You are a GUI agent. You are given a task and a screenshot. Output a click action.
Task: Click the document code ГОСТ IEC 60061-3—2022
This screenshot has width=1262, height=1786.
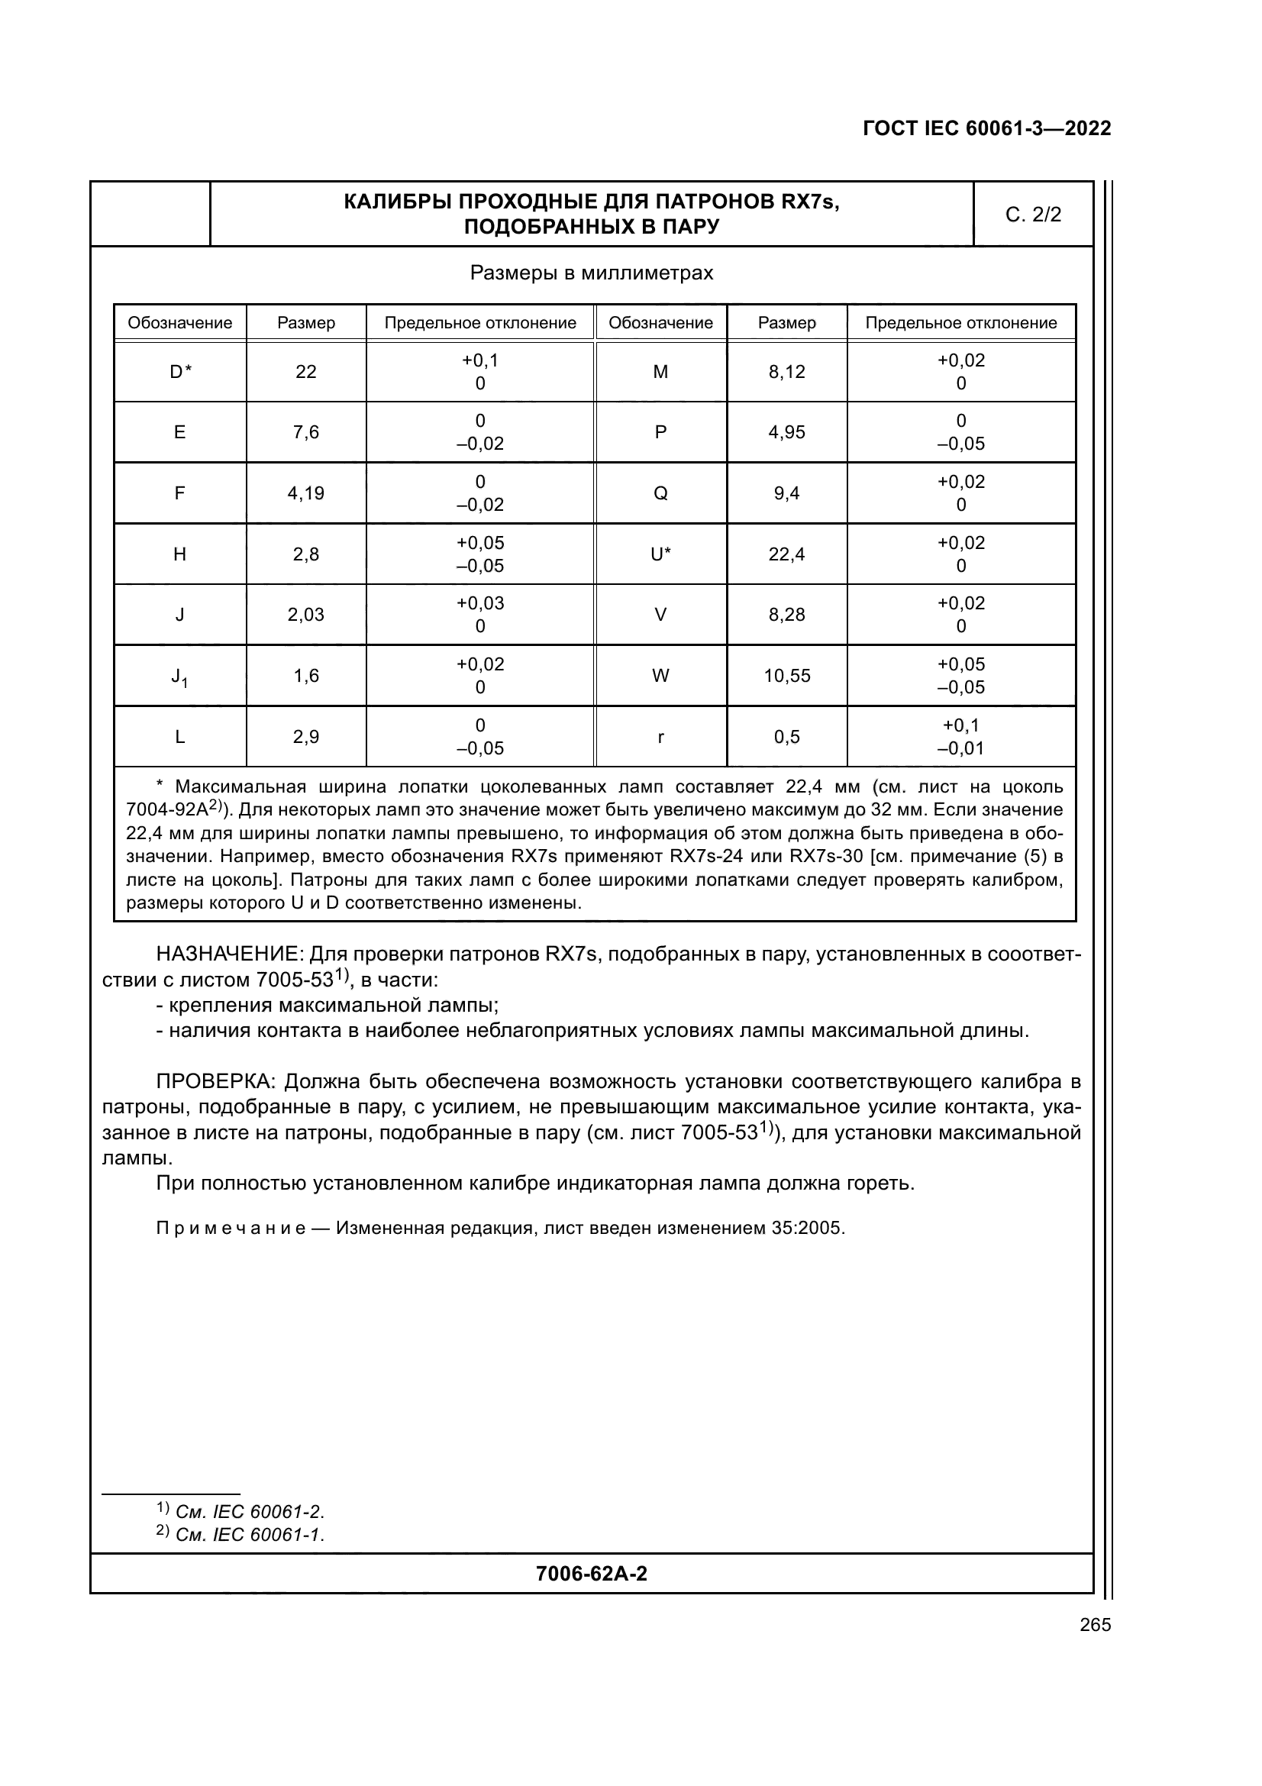986,128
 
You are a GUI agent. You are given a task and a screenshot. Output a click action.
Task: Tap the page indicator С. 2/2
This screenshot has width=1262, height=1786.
1033,215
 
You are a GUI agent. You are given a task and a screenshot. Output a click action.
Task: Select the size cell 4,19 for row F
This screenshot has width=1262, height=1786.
305,493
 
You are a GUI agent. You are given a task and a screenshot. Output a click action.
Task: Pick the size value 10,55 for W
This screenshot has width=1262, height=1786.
786,676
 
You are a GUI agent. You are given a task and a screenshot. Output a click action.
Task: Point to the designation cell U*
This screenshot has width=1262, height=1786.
660,554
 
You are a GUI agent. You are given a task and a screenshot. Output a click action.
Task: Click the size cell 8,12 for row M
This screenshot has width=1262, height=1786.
786,372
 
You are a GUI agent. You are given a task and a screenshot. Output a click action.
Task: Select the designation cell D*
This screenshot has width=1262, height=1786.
179,372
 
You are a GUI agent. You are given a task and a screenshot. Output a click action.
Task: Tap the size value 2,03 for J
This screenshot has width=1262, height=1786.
305,615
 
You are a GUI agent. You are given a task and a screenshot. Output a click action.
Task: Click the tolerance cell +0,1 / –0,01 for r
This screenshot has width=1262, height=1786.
960,737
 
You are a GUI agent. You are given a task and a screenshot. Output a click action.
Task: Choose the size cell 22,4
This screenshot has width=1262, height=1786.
786,554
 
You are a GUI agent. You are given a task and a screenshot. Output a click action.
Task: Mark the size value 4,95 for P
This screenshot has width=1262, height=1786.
786,432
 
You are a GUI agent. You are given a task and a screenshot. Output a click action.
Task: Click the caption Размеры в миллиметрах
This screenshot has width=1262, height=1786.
591,273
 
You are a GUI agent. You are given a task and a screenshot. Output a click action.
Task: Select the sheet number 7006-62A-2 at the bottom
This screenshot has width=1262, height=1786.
591,1574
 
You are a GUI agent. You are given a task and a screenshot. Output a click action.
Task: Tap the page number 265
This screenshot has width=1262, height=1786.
1095,1625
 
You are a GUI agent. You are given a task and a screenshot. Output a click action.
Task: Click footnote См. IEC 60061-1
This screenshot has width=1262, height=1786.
249,1535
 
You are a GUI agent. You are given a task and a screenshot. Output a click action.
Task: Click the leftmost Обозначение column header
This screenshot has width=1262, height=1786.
179,323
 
